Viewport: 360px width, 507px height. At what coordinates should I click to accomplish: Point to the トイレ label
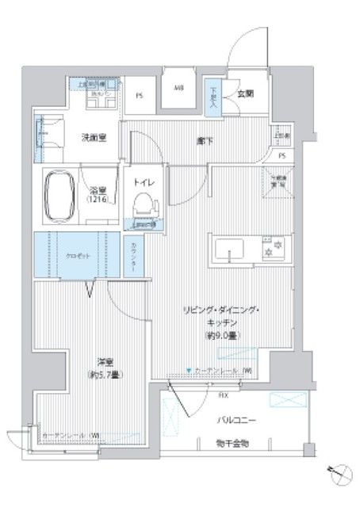pos(144,181)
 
